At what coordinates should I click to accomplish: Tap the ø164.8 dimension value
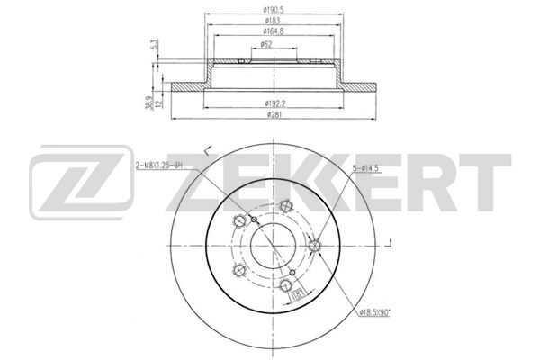click(x=274, y=31)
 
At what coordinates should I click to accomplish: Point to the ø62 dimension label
click(x=266, y=44)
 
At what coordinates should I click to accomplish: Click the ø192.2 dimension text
click(x=274, y=103)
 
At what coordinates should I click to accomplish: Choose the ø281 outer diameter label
click(x=274, y=114)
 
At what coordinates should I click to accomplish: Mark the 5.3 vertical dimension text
click(x=156, y=45)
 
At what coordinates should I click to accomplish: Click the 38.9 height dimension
click(x=149, y=103)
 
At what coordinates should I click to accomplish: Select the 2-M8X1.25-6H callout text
click(x=158, y=166)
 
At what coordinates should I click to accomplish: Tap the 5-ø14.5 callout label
click(x=365, y=168)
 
